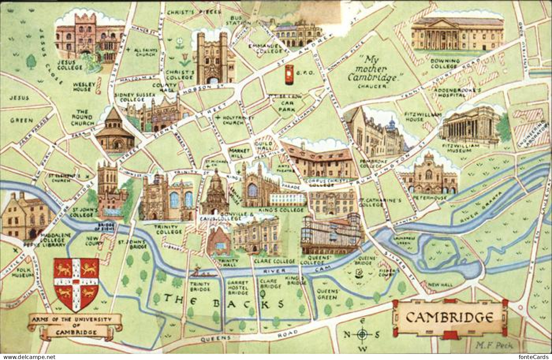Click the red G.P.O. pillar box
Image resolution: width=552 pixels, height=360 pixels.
(289, 75)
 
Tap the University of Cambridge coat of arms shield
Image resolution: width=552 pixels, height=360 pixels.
(76, 284)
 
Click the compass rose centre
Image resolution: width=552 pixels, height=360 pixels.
(362, 335)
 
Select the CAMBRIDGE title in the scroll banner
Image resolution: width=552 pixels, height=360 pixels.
(449, 317)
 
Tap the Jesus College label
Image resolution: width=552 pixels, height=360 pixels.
(70, 65)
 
